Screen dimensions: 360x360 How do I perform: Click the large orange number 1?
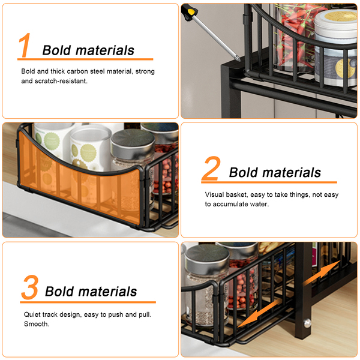pos(25,45)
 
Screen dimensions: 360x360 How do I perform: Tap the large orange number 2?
pos(211,168)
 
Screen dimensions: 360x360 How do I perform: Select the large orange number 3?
pos(30,287)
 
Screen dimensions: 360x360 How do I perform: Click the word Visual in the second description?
pos(214,194)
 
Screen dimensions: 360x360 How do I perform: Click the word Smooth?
pos(37,324)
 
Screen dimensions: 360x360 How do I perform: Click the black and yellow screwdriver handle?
pos(189,13)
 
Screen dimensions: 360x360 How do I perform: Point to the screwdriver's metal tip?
pos(238,59)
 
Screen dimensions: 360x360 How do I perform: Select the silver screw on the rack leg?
pos(307,323)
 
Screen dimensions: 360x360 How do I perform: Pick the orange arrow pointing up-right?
pos(322,273)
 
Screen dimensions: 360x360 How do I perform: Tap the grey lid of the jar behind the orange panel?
pos(133,139)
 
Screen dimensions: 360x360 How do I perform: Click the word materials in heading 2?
pos(292,172)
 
